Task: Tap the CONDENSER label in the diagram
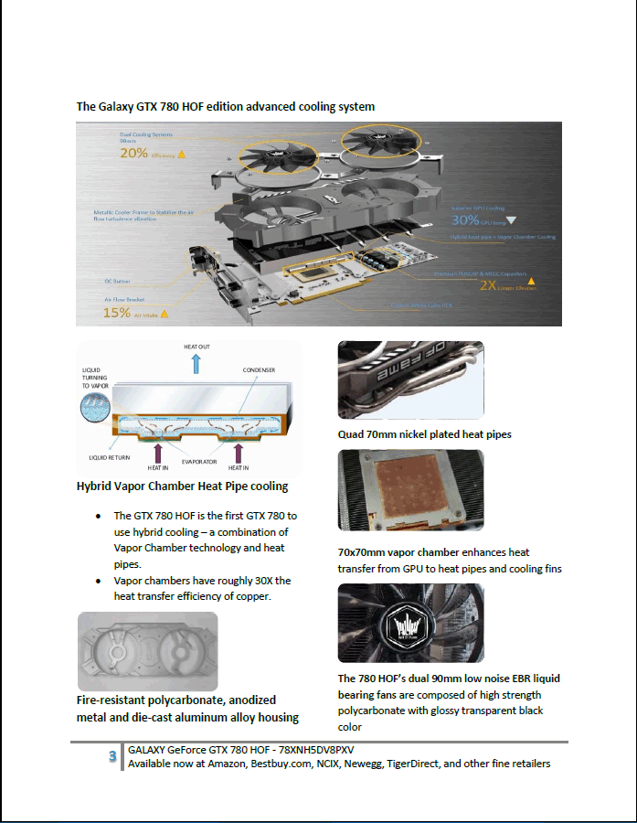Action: (x=259, y=370)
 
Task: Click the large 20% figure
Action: (x=133, y=154)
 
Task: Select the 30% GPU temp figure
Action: (x=465, y=220)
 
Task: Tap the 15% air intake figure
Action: (x=117, y=312)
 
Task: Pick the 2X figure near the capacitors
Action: (x=487, y=284)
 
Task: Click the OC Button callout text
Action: (x=119, y=281)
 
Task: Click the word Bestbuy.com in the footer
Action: (x=280, y=764)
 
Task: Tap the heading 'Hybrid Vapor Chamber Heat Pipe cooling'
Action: (x=182, y=486)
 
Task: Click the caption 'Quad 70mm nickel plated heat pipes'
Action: (x=424, y=434)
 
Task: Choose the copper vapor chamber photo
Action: (x=410, y=492)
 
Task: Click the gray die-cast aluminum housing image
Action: (x=147, y=650)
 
